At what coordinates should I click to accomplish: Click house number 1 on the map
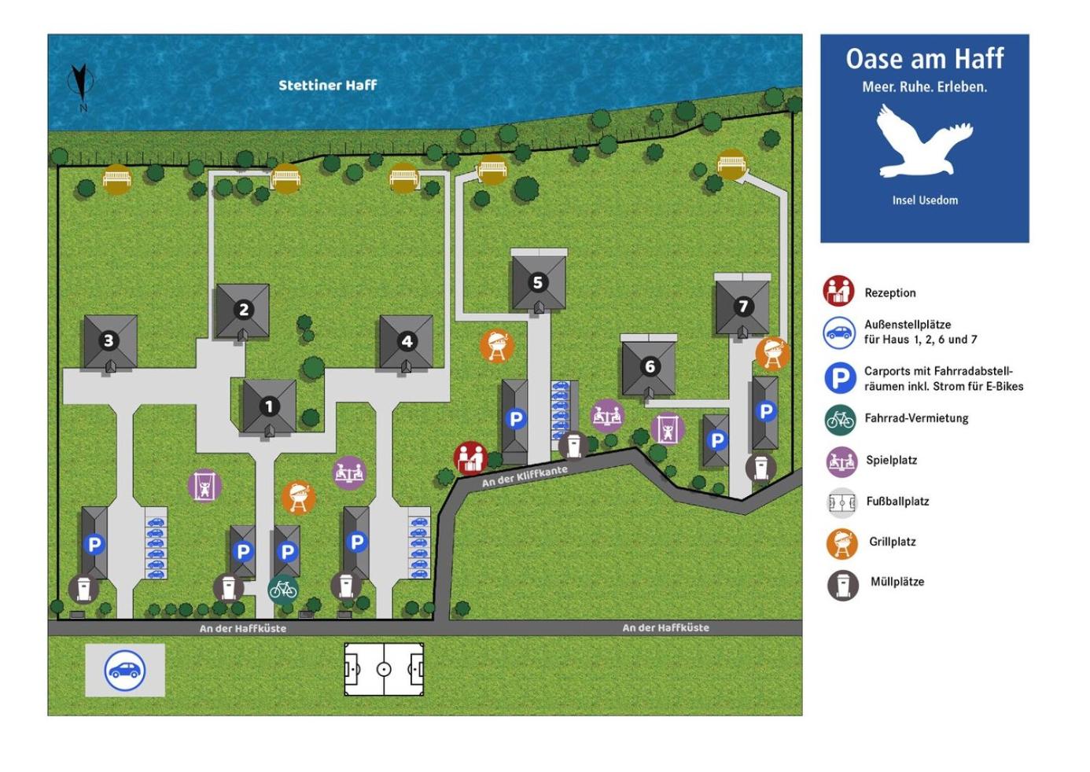tap(269, 406)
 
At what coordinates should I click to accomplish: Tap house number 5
tap(538, 283)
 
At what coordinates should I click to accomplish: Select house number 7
tap(743, 307)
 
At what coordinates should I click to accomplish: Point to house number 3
tap(109, 340)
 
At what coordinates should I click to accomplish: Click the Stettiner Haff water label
tap(327, 86)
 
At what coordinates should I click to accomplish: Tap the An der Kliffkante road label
tap(525, 476)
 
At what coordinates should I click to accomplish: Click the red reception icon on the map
tap(470, 458)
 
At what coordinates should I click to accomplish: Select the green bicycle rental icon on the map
tap(283, 590)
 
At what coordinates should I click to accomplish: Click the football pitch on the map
tap(384, 669)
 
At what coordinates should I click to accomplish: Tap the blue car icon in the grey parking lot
tap(124, 671)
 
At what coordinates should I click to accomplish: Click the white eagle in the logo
tap(925, 141)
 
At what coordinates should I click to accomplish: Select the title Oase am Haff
tap(925, 59)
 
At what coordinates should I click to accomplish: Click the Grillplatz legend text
tap(893, 542)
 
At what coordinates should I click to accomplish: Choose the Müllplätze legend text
tap(897, 582)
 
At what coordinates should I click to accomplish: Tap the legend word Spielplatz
tap(892, 460)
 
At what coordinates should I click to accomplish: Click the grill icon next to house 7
tap(772, 354)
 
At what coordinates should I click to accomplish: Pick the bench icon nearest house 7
tap(731, 164)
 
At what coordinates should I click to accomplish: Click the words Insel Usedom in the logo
tap(925, 200)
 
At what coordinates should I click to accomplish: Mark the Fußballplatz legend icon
tap(841, 502)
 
